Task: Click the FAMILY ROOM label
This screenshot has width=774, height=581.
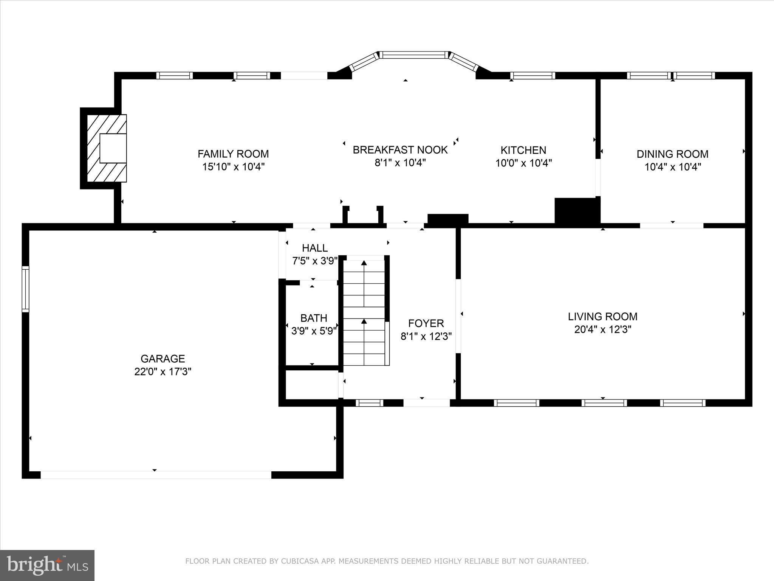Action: [233, 154]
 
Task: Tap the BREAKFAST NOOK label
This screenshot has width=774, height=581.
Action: [400, 150]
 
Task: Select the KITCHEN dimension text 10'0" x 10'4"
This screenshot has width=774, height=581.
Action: [523, 163]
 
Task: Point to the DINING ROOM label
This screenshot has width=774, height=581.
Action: [672, 154]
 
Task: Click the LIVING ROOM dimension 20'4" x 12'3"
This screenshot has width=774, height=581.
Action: [602, 329]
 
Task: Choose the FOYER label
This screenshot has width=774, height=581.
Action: [426, 323]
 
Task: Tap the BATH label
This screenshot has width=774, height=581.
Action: [314, 318]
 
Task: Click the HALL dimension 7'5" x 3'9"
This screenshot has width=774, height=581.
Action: [314, 261]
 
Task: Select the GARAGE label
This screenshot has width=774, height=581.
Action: [163, 359]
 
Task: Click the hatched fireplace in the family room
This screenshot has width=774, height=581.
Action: [107, 148]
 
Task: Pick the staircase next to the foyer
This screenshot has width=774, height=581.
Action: [364, 312]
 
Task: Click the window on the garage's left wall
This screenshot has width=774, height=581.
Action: [25, 289]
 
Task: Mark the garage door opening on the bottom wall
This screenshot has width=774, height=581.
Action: [156, 475]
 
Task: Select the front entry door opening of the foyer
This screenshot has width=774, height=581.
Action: [426, 403]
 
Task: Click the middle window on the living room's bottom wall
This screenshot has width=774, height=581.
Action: [604, 403]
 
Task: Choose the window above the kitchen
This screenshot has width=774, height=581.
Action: [533, 76]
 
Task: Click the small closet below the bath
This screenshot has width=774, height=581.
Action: [312, 384]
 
